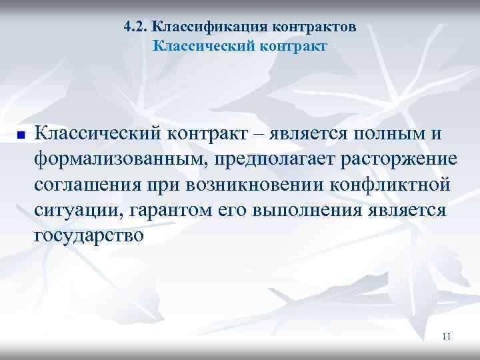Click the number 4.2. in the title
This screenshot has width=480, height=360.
136,27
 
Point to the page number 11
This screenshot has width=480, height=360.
447,337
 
